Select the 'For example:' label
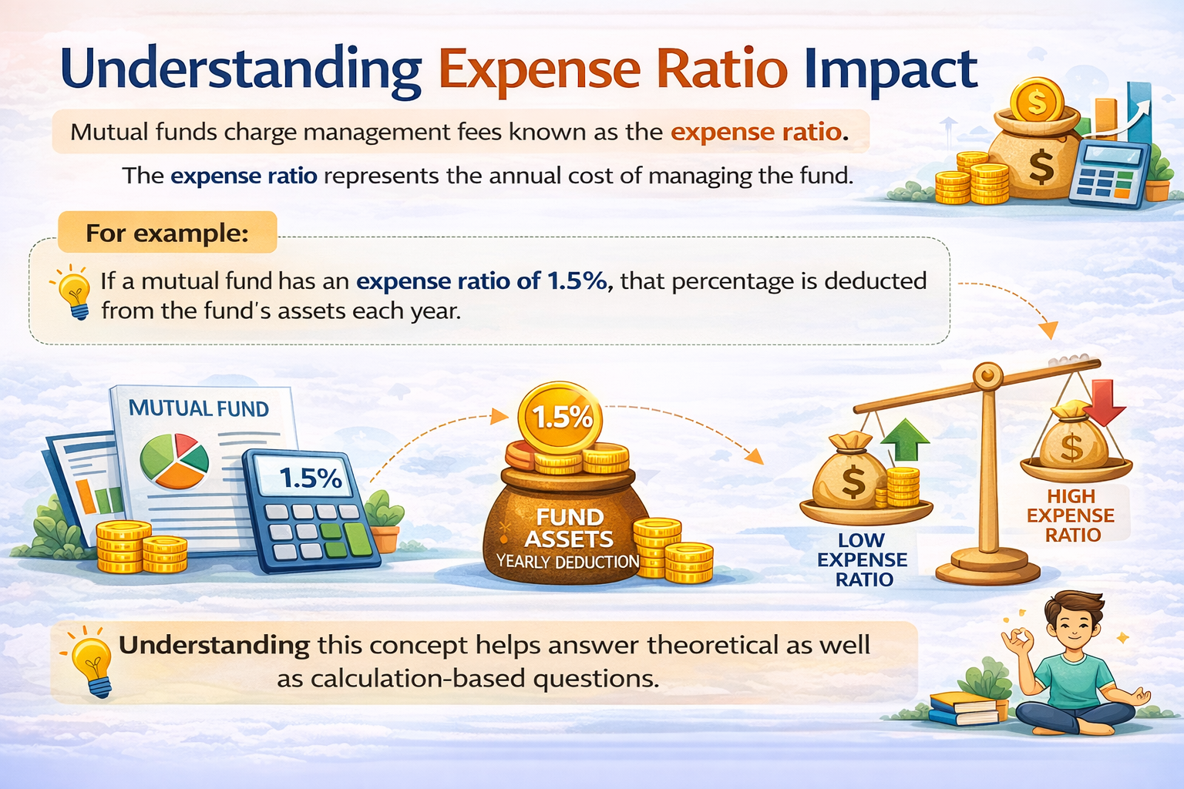point(167,233)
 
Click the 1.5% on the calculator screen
point(310,478)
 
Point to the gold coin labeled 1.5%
point(562,418)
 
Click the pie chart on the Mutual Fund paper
point(174,461)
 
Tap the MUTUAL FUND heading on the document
point(198,408)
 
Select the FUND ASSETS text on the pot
point(569,528)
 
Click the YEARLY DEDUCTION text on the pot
point(568,562)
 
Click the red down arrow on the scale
point(1108,401)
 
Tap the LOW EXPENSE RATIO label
point(863,560)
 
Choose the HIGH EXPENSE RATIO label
point(1071,515)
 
